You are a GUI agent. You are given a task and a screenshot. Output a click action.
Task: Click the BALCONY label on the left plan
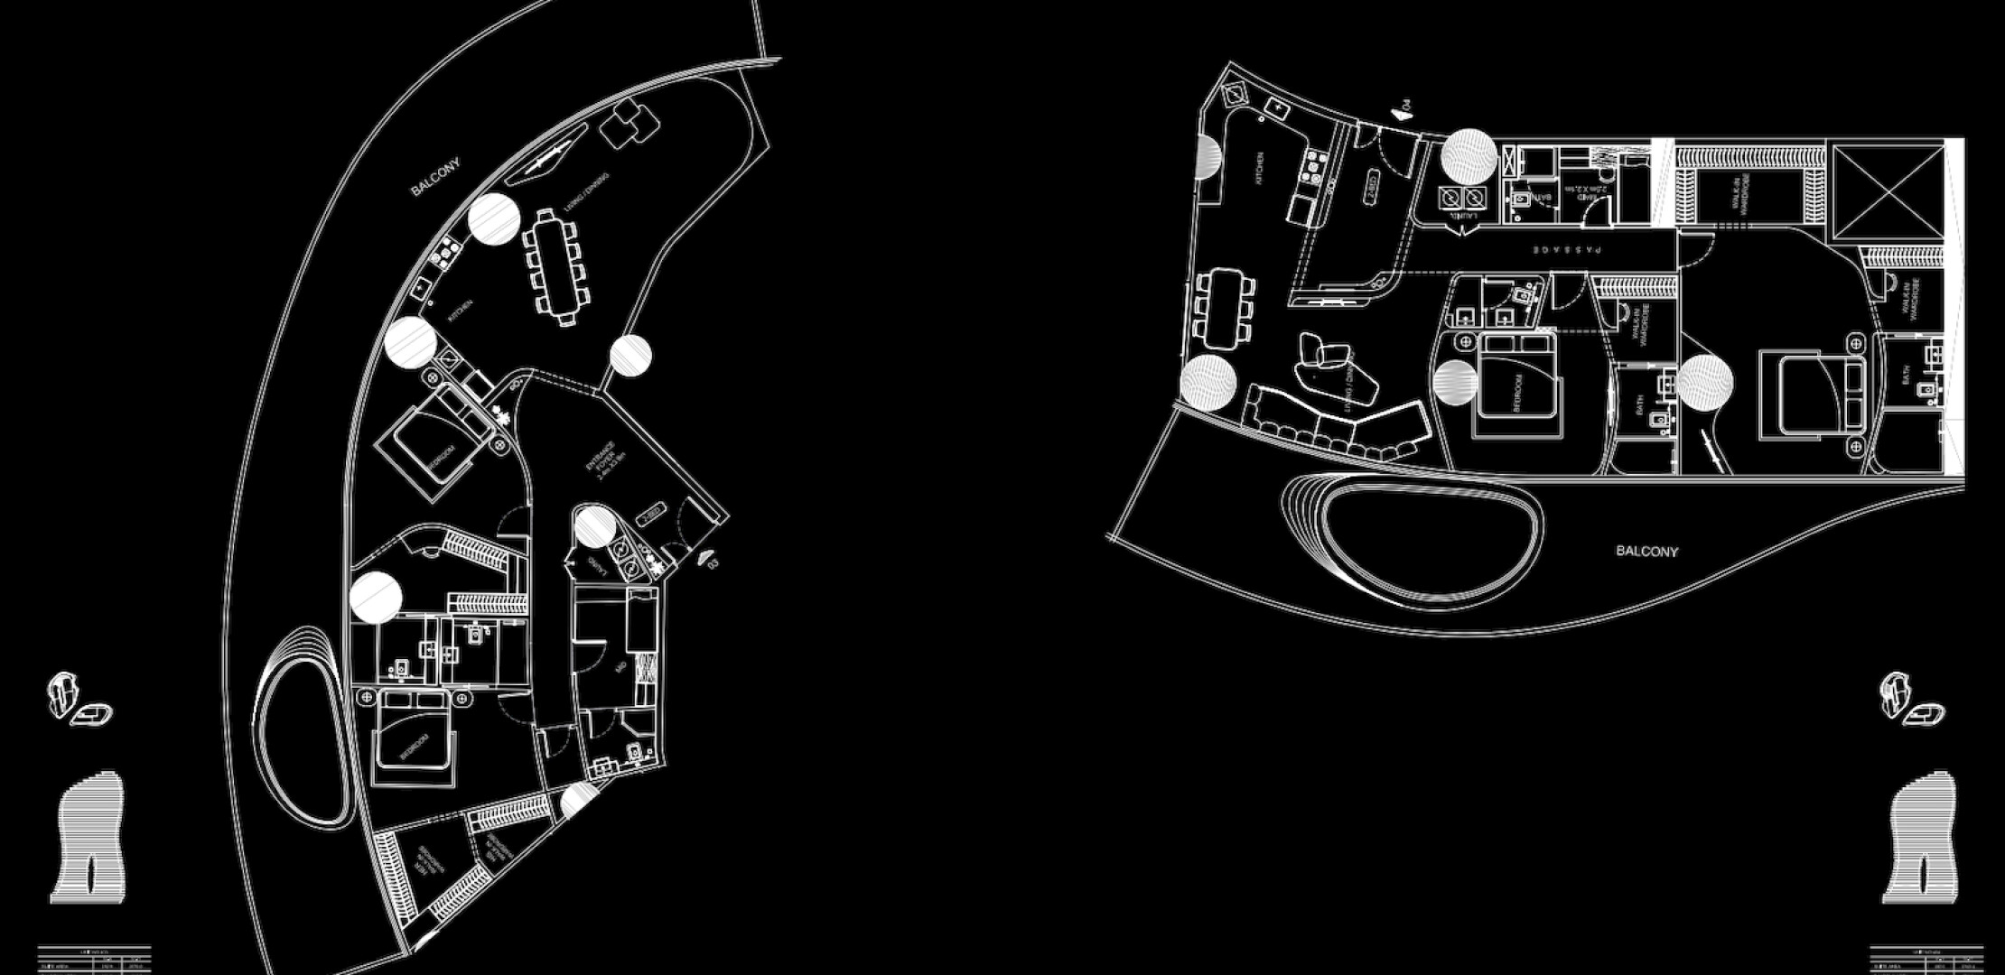[435, 176]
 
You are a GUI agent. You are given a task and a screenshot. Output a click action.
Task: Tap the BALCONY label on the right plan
[1646, 551]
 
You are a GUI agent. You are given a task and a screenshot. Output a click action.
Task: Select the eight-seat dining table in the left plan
[556, 265]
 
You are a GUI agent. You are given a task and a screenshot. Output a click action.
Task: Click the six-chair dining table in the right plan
[1225, 308]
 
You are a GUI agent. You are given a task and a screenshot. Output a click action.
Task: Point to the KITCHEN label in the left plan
[461, 311]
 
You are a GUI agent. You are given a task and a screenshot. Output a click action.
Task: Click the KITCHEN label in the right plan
[1259, 169]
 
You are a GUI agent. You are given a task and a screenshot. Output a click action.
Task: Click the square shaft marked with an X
[1888, 190]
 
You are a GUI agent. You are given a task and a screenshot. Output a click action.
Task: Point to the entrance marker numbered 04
[1402, 110]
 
